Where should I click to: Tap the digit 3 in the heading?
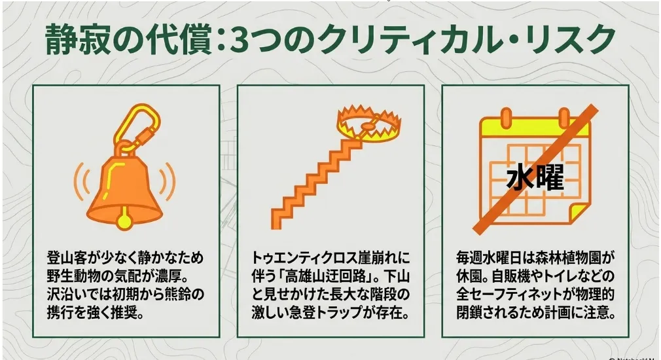(x=240, y=40)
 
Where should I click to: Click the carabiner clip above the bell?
(x=136, y=125)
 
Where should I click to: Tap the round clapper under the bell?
(x=124, y=221)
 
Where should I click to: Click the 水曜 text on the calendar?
(x=535, y=177)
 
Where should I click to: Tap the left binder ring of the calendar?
(x=507, y=118)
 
